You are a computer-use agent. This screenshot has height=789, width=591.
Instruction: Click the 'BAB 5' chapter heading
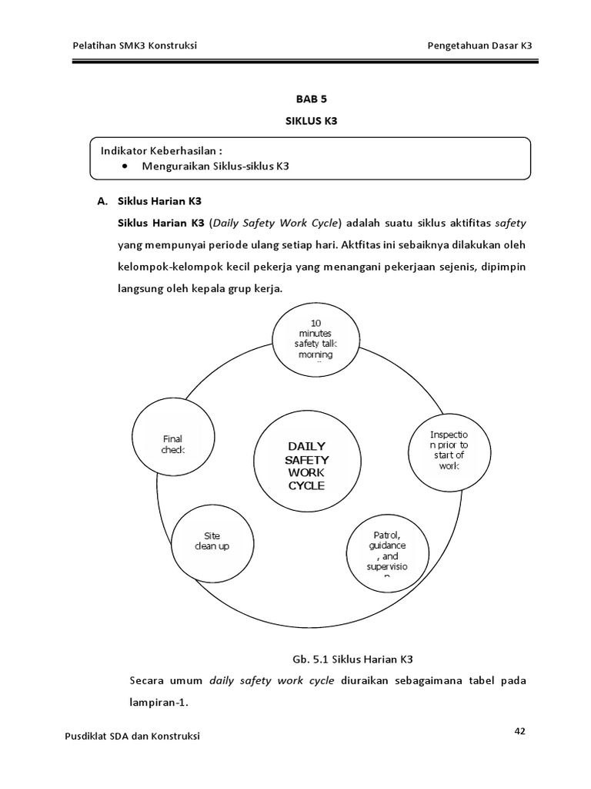tap(312, 99)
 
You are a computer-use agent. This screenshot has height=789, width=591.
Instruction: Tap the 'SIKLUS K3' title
tap(312, 121)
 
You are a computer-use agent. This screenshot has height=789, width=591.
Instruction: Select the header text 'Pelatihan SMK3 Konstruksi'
tap(134, 45)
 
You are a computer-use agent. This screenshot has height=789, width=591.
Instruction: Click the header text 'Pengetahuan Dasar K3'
tap(479, 45)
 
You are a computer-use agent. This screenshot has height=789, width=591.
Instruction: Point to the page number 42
tap(519, 731)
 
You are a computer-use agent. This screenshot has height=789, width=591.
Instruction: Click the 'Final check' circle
tap(173, 445)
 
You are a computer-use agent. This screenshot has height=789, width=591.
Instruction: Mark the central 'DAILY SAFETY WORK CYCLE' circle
tap(306, 465)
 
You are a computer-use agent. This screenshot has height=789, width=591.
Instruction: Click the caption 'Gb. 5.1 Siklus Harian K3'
tap(353, 659)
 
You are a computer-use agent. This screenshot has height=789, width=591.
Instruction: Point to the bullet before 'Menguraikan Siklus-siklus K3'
tap(125, 166)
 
